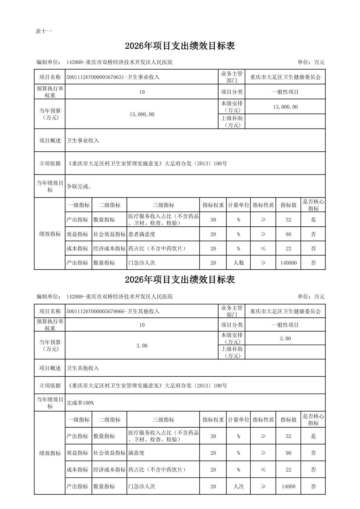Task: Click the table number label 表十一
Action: [44, 31]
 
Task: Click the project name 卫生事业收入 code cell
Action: [113, 77]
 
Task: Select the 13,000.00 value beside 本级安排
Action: [285, 107]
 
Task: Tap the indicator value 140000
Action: [288, 263]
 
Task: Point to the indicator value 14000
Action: [288, 486]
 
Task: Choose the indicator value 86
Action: [288, 234]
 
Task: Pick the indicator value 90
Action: [288, 453]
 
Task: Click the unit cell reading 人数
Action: [238, 263]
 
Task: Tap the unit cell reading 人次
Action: [238, 486]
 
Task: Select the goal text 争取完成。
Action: [79, 187]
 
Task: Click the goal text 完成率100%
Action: [80, 403]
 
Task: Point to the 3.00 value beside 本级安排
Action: [285, 339]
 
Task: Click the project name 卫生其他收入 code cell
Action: [113, 311]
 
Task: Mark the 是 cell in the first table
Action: [313, 220]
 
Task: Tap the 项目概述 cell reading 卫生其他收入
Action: [83, 368]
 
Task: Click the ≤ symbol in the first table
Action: [263, 248]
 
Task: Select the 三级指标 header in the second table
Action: [163, 420]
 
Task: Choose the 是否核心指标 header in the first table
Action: [313, 205]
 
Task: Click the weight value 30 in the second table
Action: [213, 436]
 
